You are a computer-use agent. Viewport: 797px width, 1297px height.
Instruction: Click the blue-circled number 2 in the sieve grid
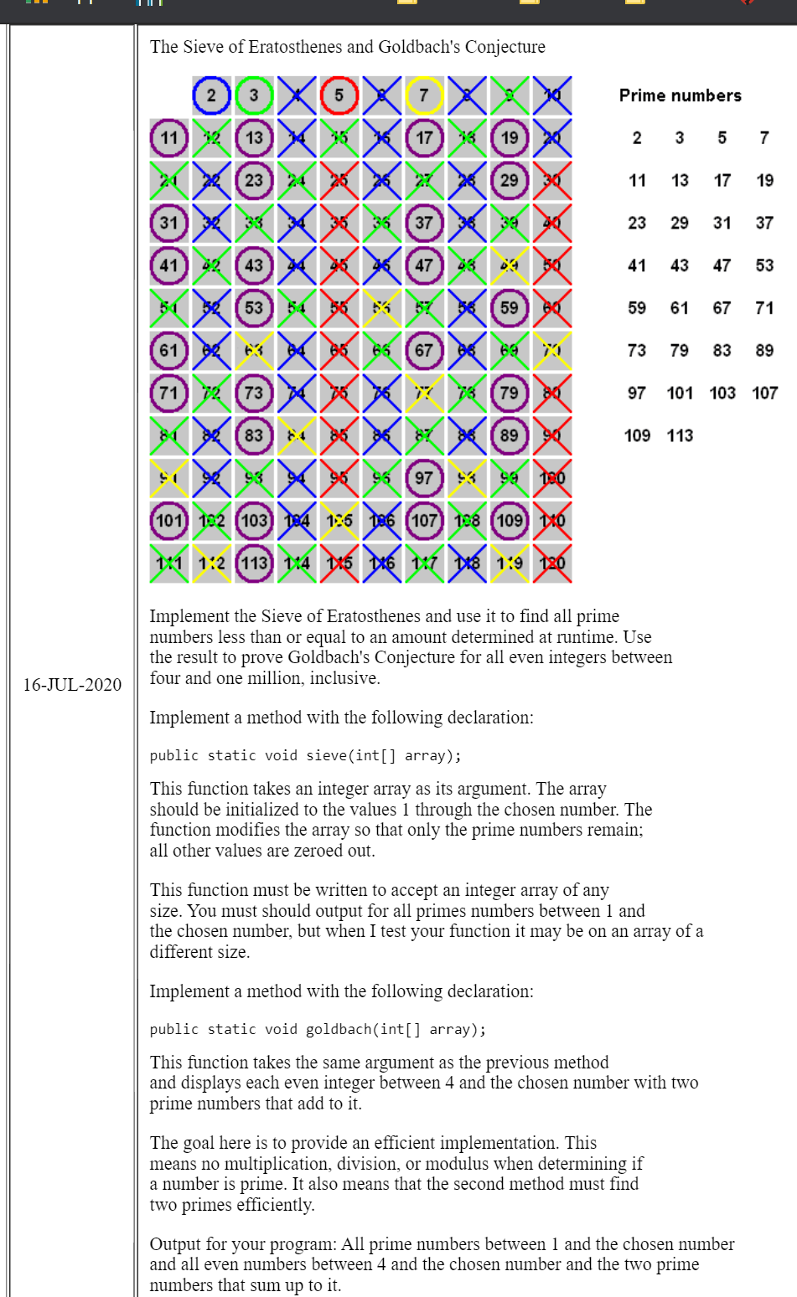pyautogui.click(x=211, y=95)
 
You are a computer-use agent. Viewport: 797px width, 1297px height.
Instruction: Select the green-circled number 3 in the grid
pyautogui.click(x=254, y=95)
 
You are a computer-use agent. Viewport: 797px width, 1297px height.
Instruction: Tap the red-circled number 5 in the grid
pyautogui.click(x=339, y=95)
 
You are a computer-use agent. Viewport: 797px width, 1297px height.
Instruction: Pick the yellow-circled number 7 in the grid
pyautogui.click(x=424, y=95)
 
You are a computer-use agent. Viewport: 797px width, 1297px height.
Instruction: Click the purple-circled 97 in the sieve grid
pyautogui.click(x=424, y=478)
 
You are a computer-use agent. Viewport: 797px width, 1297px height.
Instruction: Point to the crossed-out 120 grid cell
pyautogui.click(x=552, y=563)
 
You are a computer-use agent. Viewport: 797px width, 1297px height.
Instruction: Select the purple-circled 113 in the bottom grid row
pyautogui.click(x=254, y=563)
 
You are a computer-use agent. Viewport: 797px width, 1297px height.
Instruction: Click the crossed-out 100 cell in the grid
pyautogui.click(x=552, y=478)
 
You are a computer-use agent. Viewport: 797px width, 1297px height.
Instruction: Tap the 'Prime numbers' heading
pyautogui.click(x=680, y=95)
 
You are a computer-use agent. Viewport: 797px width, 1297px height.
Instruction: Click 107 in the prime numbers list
pyautogui.click(x=764, y=393)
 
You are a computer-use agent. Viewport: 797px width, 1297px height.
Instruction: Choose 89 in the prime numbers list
pyautogui.click(x=764, y=350)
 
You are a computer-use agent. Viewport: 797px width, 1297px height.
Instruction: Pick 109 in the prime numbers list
pyautogui.click(x=637, y=435)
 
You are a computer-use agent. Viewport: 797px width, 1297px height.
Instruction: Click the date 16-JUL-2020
pyautogui.click(x=72, y=685)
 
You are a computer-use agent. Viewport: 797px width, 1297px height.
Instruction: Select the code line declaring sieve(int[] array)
pyautogui.click(x=305, y=755)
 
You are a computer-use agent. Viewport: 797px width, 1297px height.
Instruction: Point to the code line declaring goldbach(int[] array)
pyautogui.click(x=318, y=1029)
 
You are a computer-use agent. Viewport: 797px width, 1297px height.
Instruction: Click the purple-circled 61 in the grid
pyautogui.click(x=169, y=350)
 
